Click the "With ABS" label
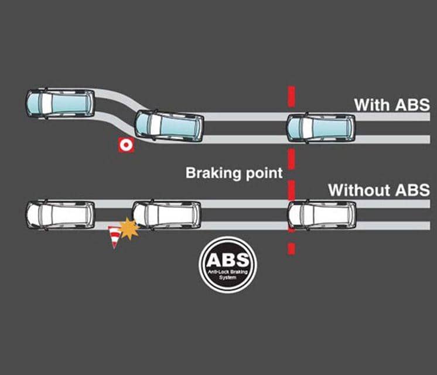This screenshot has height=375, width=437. pos(392,105)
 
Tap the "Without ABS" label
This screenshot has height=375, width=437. pos(378,190)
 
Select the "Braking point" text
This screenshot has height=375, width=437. pos(234,173)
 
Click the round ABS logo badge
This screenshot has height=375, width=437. pos(227,264)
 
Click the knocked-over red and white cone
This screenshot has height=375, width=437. pos(114,237)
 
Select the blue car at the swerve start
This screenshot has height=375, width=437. pos(60,103)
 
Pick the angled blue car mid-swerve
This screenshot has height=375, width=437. pos(169,125)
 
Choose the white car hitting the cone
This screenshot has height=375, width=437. pos(167,214)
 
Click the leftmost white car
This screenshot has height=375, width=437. pos(60,214)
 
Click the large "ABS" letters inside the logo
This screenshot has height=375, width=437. pos(228,260)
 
